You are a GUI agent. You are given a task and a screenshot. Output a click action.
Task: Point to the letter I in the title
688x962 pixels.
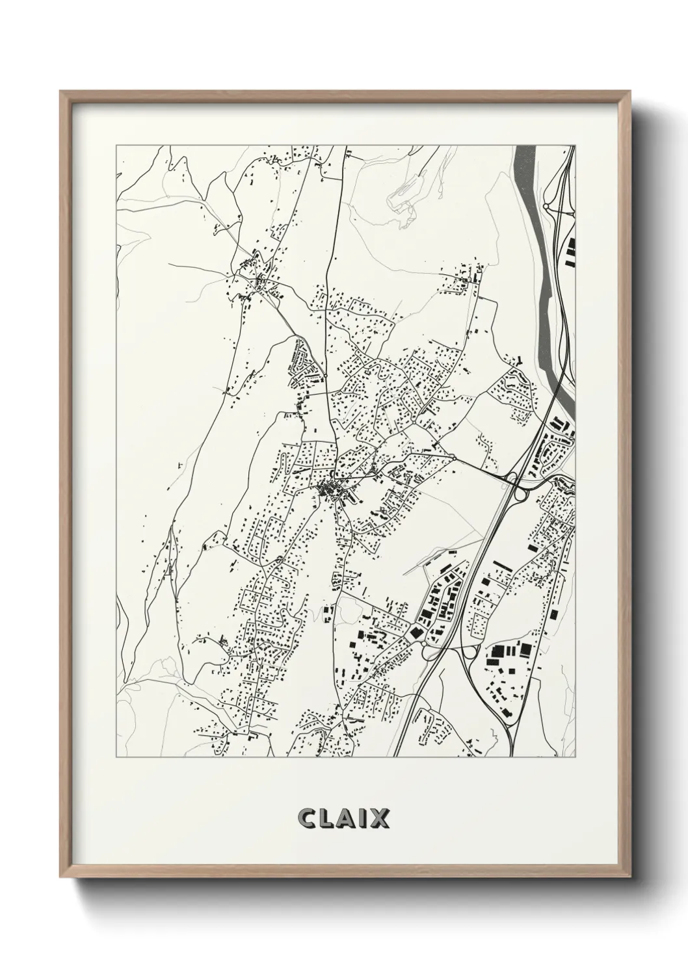(365, 819)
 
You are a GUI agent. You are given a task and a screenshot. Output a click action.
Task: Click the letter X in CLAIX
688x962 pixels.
(380, 819)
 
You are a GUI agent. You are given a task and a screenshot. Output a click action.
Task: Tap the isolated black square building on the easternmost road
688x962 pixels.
(553, 614)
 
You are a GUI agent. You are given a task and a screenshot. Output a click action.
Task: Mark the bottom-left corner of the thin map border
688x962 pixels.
(116, 757)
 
